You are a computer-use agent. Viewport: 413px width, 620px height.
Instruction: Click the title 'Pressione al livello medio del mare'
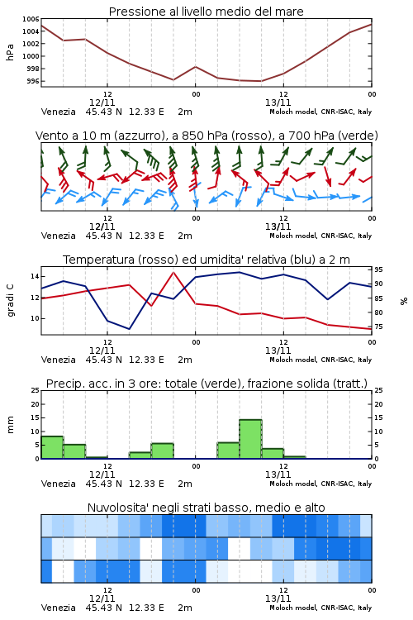click(206, 12)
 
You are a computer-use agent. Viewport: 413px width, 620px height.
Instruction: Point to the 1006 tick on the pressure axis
click(31, 19)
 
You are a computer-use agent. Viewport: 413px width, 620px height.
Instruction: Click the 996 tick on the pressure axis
click(33, 81)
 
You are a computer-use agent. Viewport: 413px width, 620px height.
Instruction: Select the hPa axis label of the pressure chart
click(10, 52)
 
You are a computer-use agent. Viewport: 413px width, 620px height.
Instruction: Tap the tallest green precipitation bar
click(250, 439)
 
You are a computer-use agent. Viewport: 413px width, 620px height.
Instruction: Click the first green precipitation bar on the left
click(52, 447)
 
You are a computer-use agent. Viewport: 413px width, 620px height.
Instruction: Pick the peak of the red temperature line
click(173, 272)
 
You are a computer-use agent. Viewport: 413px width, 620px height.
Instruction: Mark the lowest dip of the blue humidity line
click(129, 328)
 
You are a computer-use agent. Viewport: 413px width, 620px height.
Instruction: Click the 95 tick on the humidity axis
click(378, 269)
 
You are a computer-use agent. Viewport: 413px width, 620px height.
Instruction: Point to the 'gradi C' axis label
click(10, 300)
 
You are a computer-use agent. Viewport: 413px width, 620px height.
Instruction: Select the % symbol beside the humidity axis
click(404, 301)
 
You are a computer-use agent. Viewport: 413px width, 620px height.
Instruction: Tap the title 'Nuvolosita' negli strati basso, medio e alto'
click(206, 508)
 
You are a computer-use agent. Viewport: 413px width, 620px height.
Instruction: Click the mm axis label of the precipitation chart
click(10, 425)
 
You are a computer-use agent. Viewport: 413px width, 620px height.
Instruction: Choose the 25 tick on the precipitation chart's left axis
click(36, 390)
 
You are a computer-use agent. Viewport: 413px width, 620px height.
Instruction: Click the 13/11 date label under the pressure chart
click(278, 103)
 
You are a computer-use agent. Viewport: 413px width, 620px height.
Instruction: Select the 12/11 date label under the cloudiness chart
click(102, 599)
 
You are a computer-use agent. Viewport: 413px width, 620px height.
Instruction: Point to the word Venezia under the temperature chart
click(58, 360)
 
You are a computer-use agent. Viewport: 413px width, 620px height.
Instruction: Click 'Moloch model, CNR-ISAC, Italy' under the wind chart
click(320, 236)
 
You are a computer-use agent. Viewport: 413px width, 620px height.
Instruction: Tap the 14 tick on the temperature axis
click(35, 276)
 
